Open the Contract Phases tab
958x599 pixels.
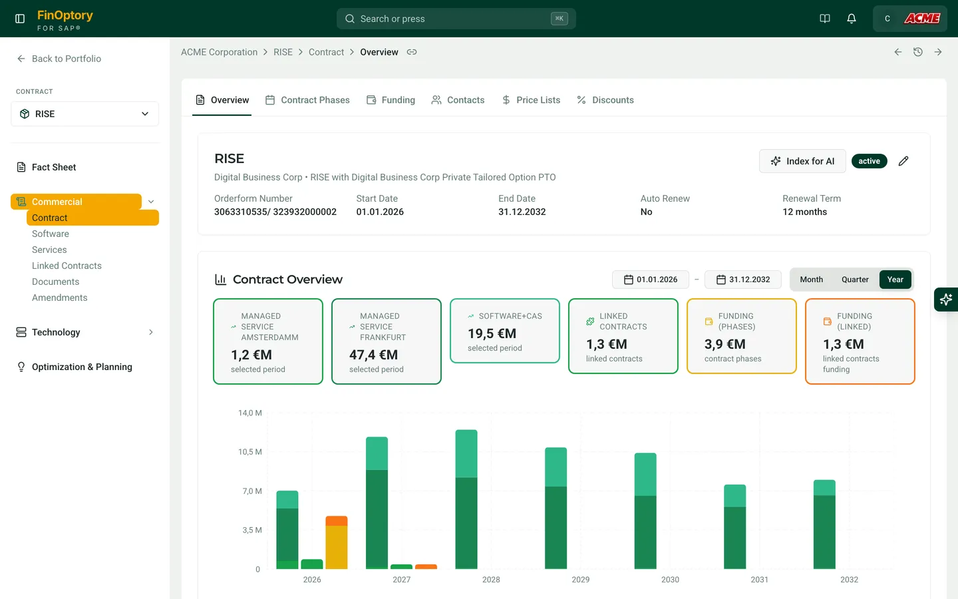(307, 100)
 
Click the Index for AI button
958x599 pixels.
(802, 161)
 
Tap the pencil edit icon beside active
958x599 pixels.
(903, 161)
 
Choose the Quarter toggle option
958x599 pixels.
(855, 280)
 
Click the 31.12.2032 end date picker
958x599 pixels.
(742, 280)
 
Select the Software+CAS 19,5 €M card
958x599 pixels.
(505, 331)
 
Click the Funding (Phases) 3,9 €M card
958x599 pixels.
(742, 336)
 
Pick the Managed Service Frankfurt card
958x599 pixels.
(387, 341)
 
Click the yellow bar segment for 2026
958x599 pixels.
(337, 547)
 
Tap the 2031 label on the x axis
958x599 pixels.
(760, 580)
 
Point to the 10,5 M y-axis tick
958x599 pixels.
(250, 452)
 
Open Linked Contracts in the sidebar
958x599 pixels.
(67, 266)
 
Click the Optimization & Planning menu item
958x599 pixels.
(82, 367)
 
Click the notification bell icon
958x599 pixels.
(852, 19)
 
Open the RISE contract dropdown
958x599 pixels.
(84, 114)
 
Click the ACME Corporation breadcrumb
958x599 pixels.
(219, 52)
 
